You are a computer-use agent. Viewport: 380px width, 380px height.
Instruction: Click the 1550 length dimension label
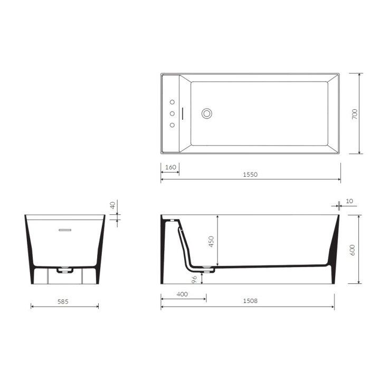[251, 175]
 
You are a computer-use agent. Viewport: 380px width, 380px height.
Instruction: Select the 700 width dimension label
[355, 113]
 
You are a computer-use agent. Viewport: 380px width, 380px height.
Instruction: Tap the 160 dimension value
[170, 167]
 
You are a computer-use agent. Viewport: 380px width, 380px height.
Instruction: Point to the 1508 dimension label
[251, 301]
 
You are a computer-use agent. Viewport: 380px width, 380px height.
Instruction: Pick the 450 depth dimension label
[212, 242]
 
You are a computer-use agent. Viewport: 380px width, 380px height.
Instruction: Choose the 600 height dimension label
[353, 249]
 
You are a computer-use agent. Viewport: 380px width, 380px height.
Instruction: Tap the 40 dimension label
[112, 206]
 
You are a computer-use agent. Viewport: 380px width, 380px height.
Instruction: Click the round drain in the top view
[207, 113]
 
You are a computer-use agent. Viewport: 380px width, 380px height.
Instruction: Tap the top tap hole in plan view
[172, 102]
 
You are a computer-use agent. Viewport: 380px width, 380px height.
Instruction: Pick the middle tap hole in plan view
[172, 113]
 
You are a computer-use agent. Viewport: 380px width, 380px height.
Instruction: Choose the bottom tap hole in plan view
[172, 125]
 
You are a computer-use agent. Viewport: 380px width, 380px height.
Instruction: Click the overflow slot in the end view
[64, 230]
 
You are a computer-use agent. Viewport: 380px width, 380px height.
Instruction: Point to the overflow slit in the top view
[183, 113]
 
